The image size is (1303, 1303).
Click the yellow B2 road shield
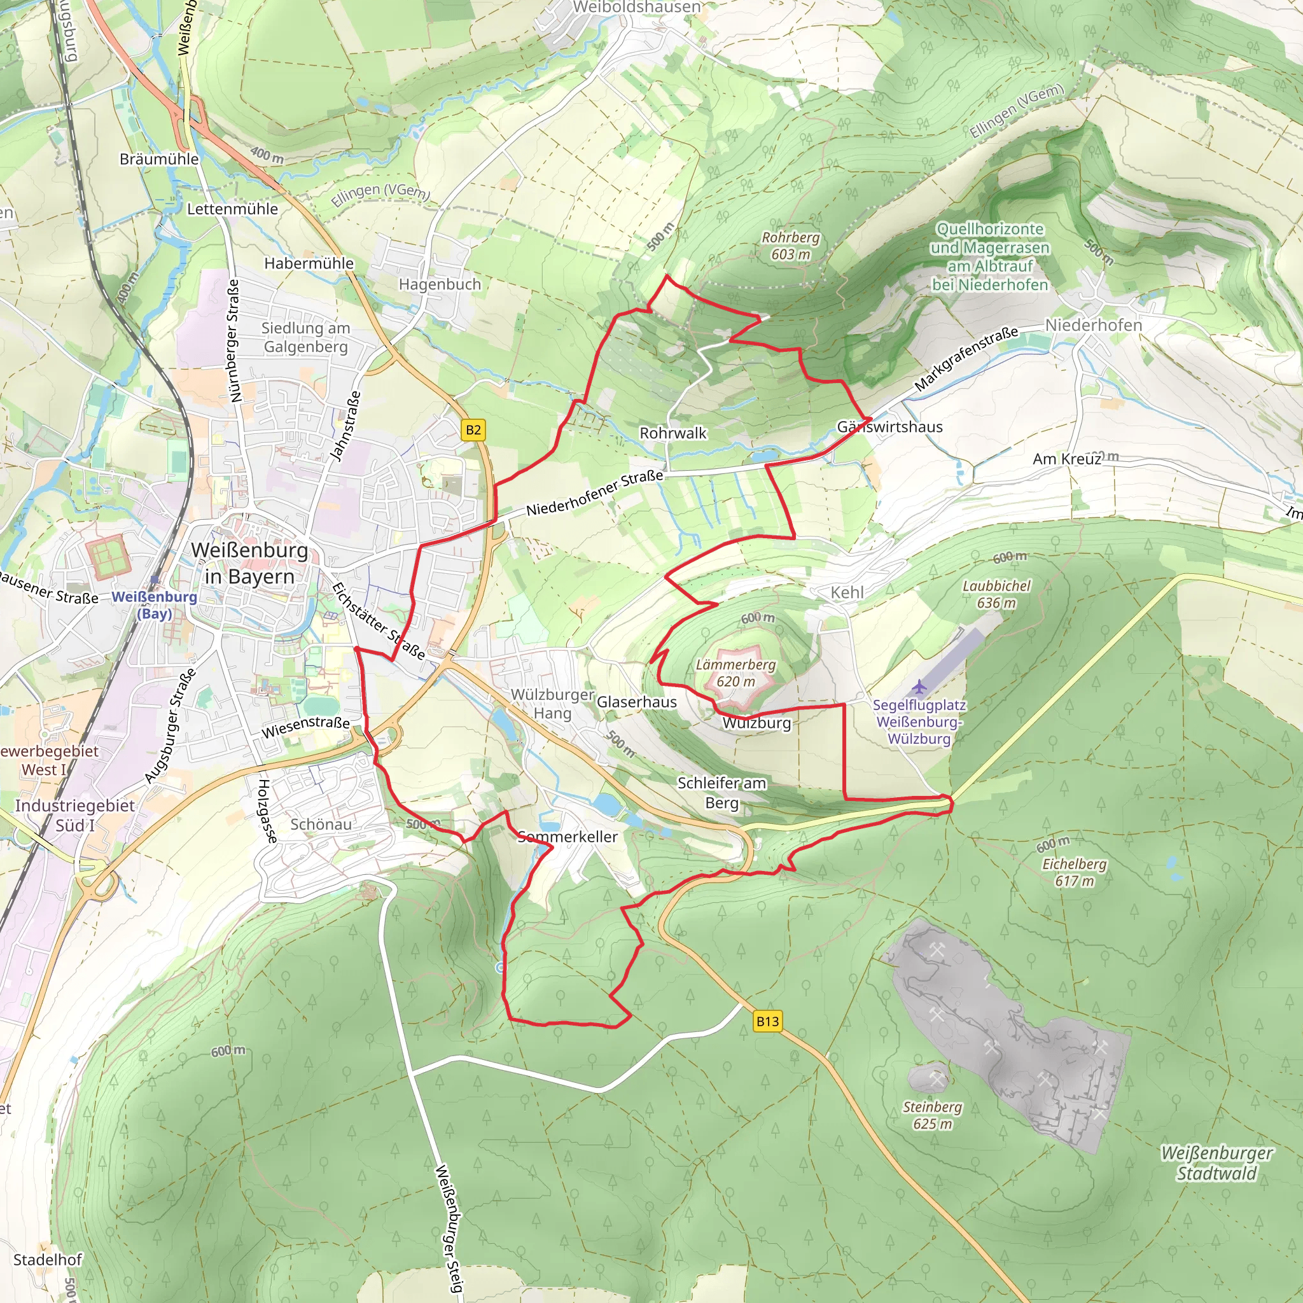(x=473, y=430)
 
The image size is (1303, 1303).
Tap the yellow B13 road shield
(x=767, y=1021)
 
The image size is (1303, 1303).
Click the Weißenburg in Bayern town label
(x=249, y=563)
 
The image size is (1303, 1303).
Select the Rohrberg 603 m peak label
(x=790, y=246)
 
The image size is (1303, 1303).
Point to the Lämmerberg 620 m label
(x=736, y=672)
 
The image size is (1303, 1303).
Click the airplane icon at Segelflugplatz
(x=919, y=687)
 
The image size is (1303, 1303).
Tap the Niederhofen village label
(x=1093, y=325)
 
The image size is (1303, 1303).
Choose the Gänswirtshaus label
(x=889, y=427)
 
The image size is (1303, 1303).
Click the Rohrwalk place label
(x=672, y=433)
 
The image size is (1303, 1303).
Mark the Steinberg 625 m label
(x=932, y=1115)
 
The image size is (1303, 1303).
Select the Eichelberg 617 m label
(x=1075, y=872)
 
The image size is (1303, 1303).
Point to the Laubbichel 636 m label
(x=996, y=594)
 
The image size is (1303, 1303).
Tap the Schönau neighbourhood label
(x=321, y=824)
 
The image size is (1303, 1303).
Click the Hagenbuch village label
(x=440, y=284)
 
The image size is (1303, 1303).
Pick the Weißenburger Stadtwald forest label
(x=1216, y=1164)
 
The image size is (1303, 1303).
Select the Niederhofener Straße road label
(x=594, y=494)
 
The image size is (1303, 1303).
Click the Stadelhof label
(x=47, y=1260)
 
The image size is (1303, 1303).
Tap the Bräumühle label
(x=159, y=159)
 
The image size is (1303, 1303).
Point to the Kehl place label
(x=846, y=592)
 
